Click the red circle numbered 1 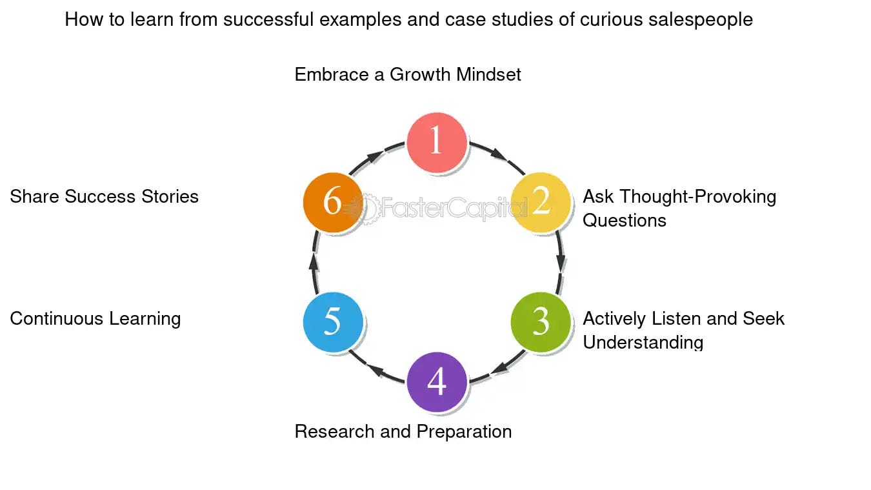click(x=437, y=142)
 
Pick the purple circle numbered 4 click(x=437, y=382)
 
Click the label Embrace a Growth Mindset click(x=408, y=75)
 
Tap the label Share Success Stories click(x=104, y=196)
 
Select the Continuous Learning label click(x=95, y=318)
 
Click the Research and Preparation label click(x=403, y=431)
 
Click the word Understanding click(x=643, y=342)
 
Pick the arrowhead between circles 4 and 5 click(x=375, y=372)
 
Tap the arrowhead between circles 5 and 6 click(x=314, y=261)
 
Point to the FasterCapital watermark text click(x=452, y=208)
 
